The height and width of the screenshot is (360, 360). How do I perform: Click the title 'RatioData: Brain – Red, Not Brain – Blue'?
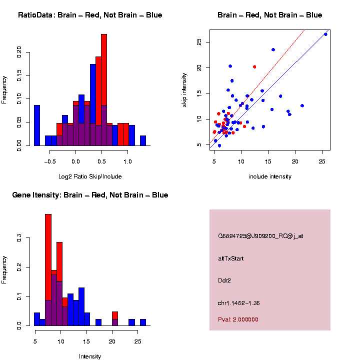(90, 15)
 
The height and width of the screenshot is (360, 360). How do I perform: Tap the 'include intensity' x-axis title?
(269, 176)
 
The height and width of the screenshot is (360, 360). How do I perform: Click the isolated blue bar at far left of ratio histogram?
(36, 125)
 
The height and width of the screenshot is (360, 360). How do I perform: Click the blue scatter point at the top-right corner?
(325, 34)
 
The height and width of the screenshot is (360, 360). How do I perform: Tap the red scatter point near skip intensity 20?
(254, 66)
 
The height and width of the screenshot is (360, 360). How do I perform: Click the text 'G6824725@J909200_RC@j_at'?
(260, 236)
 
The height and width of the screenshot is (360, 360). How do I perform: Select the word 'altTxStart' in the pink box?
(230, 258)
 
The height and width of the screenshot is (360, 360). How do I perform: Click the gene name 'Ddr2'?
(224, 281)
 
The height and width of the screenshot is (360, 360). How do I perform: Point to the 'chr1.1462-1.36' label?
(239, 303)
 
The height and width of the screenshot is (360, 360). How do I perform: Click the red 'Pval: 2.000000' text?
(238, 319)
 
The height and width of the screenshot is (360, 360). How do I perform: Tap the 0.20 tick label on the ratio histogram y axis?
(19, 52)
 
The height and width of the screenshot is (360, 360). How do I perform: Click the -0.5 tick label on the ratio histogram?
(49, 161)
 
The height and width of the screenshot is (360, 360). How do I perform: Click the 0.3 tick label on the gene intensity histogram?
(19, 239)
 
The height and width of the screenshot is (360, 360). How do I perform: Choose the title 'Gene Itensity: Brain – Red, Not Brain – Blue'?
(90, 195)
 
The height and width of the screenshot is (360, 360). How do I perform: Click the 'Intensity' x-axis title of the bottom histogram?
(90, 356)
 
